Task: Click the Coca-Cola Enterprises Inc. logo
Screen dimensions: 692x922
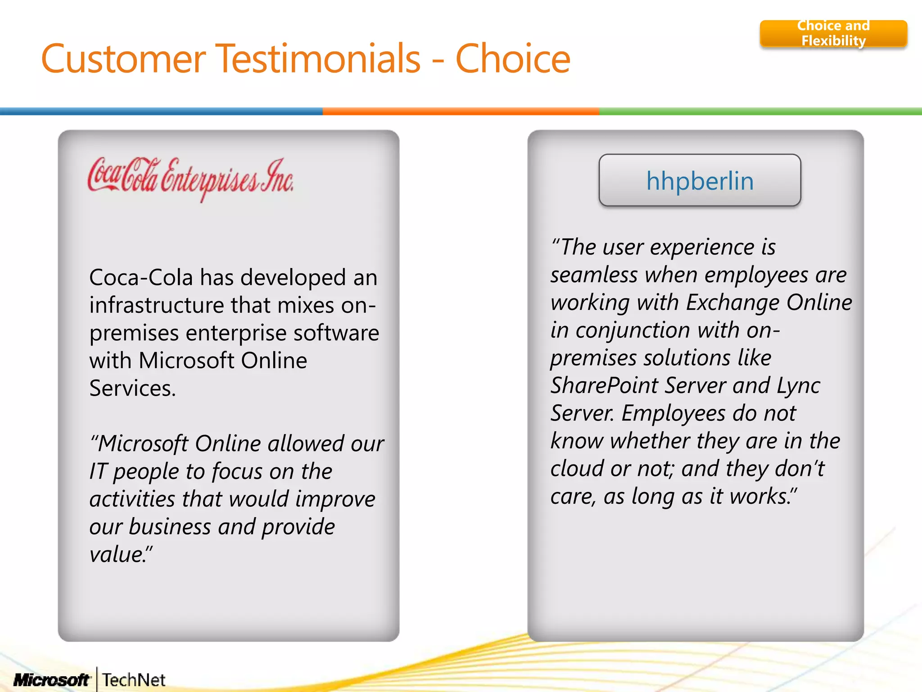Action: pos(190,179)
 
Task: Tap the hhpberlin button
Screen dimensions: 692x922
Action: pos(700,181)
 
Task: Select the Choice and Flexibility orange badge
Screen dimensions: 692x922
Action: pos(833,33)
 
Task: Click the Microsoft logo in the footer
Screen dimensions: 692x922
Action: pos(52,680)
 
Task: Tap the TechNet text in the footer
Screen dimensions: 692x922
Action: pos(134,680)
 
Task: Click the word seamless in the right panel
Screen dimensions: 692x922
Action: pos(594,275)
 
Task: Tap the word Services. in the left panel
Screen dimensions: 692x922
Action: pos(132,388)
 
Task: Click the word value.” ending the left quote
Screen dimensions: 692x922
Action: pos(121,555)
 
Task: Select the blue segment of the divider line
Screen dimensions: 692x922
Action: pos(161,111)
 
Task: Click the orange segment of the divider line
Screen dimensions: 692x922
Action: pos(461,111)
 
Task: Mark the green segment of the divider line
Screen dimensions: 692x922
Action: pos(760,111)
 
